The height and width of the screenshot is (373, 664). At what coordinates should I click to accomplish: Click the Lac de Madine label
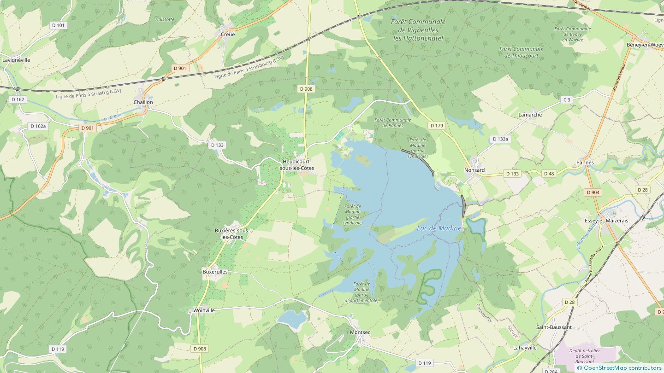click(x=439, y=228)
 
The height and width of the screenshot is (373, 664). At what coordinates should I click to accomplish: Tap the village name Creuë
click(x=227, y=35)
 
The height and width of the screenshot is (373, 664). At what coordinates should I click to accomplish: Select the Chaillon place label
click(x=143, y=102)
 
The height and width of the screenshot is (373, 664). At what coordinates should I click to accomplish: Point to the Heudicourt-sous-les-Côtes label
click(x=297, y=165)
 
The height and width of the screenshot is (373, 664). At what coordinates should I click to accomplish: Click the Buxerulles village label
click(x=215, y=272)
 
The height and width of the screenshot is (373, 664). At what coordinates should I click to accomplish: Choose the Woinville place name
click(x=204, y=310)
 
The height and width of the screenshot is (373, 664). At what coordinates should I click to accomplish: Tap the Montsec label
click(x=360, y=332)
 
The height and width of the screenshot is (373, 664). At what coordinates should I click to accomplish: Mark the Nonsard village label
click(x=474, y=170)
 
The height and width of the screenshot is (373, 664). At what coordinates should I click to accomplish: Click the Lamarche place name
click(x=530, y=115)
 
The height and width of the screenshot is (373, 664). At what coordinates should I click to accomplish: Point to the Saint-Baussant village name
click(x=553, y=327)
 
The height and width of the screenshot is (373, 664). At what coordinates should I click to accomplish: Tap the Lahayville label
click(x=525, y=348)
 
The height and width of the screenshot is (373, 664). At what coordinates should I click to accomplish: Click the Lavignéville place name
click(x=16, y=60)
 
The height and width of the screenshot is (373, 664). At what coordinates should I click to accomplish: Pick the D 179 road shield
click(x=436, y=125)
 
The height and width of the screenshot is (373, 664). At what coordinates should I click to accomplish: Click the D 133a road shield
click(x=500, y=139)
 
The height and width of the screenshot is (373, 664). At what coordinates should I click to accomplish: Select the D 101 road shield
click(x=58, y=25)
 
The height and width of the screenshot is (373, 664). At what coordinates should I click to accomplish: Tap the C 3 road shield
click(x=566, y=100)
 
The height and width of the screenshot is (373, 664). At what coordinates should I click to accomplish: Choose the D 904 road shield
click(x=593, y=192)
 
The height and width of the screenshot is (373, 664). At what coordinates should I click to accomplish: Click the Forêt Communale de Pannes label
click(x=392, y=122)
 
